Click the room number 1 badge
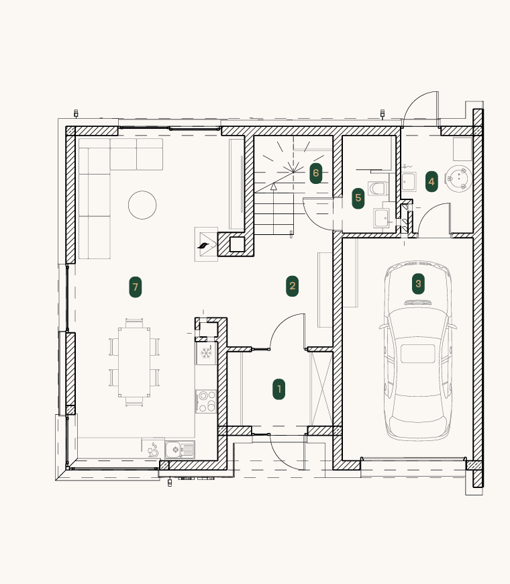pyautogui.click(x=279, y=389)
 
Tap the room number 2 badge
pyautogui.click(x=292, y=286)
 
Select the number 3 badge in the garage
pyautogui.click(x=418, y=283)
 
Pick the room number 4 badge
pyautogui.click(x=431, y=181)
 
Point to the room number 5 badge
pyautogui.click(x=358, y=198)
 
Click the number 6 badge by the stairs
pyautogui.click(x=315, y=173)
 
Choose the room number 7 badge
pyautogui.click(x=135, y=287)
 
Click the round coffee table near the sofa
pyautogui.click(x=142, y=205)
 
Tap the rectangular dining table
pyautogui.click(x=134, y=362)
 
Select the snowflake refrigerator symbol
pyautogui.click(x=206, y=352)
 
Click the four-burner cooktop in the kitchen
pyautogui.click(x=206, y=401)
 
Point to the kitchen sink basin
pyautogui.click(x=173, y=450)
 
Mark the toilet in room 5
pyautogui.click(x=377, y=189)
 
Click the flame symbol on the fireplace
pyautogui.click(x=203, y=246)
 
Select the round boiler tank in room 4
pyautogui.click(x=458, y=179)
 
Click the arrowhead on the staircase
pyautogui.click(x=274, y=187)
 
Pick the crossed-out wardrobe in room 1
pyautogui.click(x=321, y=389)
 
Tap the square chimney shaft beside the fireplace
pyautogui.click(x=237, y=244)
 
